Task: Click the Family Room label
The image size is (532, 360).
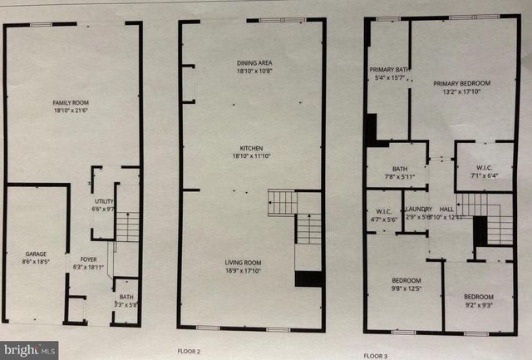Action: coord(70,102)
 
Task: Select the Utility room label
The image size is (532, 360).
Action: coord(103,200)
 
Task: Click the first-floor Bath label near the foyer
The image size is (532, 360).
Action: coord(126,296)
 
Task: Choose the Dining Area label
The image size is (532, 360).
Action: coord(250,63)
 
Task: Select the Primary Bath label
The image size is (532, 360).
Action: coord(387,70)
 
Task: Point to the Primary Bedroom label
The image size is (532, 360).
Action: coord(461,83)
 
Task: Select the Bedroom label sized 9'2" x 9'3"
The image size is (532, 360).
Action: coord(479,297)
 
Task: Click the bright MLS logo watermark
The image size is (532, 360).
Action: coord(29,349)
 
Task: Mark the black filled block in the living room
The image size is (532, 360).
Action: coord(308,279)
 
